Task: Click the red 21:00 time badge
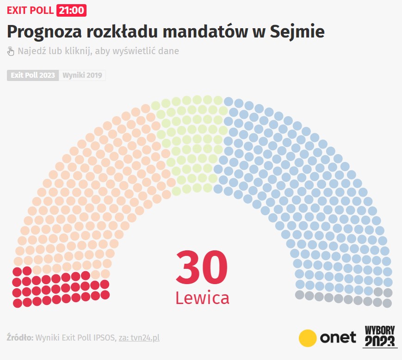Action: point(71,10)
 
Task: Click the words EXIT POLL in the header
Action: point(30,10)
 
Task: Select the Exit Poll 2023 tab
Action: point(33,75)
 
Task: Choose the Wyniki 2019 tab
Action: point(82,75)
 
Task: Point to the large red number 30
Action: point(202,268)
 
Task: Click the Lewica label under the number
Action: point(202,298)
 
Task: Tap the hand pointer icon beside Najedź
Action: point(11,51)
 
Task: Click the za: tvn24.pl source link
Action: point(139,338)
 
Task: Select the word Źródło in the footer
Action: point(20,338)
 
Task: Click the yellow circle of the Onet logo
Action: point(307,338)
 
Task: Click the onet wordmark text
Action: point(338,337)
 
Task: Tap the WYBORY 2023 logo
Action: point(380,336)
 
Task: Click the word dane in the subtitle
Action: point(167,51)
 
